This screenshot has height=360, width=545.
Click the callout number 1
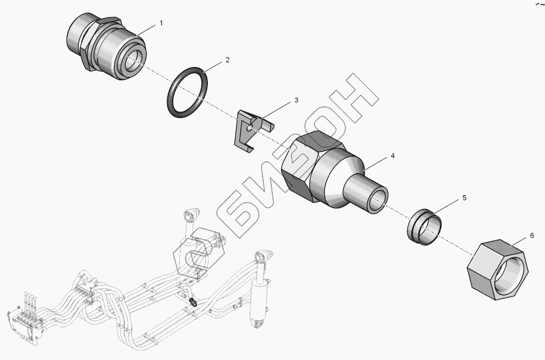(x=161, y=23)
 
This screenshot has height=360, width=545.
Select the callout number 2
(x=228, y=59)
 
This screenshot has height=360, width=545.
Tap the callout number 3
(x=296, y=100)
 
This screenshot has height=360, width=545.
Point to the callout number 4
(x=392, y=156)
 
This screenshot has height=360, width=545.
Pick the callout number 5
(x=464, y=197)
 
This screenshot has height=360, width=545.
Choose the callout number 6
(x=532, y=235)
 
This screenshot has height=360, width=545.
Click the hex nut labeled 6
(x=497, y=270)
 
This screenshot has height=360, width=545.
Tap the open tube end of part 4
(x=378, y=201)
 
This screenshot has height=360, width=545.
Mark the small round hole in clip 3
(x=250, y=128)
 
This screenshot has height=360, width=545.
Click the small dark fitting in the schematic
(x=192, y=302)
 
